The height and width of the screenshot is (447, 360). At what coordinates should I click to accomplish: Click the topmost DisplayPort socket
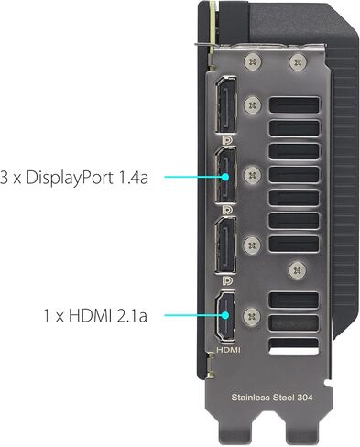[x=226, y=104]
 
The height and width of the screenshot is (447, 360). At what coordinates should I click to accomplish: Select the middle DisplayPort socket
[x=226, y=175]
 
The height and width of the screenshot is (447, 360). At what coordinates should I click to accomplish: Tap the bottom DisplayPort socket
[x=226, y=245]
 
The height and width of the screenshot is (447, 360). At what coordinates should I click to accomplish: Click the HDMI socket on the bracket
[x=225, y=315]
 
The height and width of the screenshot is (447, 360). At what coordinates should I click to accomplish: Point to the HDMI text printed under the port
[x=228, y=350]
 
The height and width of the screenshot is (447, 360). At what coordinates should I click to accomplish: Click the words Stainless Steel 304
[x=272, y=398]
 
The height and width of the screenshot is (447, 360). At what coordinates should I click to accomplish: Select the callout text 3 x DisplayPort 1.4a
[x=74, y=178]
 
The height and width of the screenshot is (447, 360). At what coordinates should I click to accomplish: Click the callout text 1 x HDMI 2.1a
[x=95, y=316]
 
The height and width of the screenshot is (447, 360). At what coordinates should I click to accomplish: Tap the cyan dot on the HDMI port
[x=225, y=315]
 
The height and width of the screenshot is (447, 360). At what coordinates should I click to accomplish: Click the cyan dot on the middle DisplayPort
[x=225, y=177]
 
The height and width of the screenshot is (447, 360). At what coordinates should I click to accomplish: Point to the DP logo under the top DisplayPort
[x=227, y=140]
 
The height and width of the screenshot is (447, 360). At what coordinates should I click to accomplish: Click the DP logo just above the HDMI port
[x=227, y=280]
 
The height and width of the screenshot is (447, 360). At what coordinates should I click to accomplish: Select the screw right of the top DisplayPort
[x=253, y=105]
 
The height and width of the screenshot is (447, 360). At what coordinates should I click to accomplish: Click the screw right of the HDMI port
[x=252, y=316]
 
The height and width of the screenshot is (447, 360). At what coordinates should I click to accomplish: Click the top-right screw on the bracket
[x=297, y=62]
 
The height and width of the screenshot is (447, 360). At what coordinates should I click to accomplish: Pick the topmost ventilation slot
[x=294, y=105]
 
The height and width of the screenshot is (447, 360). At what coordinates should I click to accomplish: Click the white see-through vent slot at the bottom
[x=294, y=347]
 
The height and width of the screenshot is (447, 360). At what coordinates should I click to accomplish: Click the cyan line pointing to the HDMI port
[x=193, y=315]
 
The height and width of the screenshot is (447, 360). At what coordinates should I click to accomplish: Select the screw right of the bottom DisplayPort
[x=252, y=245]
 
